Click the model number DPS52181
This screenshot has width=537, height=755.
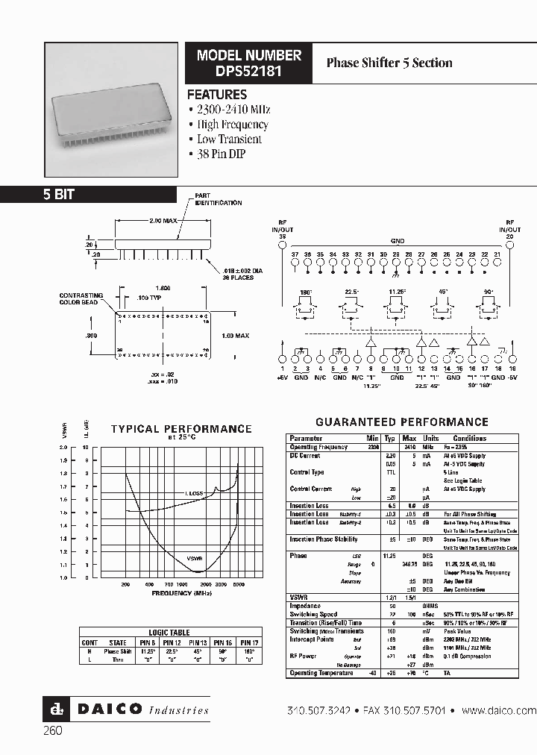click(x=249, y=70)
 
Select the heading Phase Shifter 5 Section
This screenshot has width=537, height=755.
click(x=389, y=63)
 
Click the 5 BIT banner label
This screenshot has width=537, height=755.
click(x=58, y=195)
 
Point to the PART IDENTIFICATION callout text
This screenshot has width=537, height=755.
click(x=218, y=199)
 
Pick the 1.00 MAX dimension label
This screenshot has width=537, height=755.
click(x=235, y=336)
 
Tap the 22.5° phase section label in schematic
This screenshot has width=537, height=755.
click(x=353, y=291)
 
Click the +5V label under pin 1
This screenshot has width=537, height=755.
click(x=282, y=377)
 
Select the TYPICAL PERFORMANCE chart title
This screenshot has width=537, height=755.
click(x=181, y=429)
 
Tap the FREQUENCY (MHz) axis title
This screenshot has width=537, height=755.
click(x=182, y=592)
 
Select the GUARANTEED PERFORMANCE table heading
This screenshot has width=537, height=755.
click(x=402, y=422)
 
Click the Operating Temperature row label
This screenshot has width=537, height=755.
click(x=321, y=673)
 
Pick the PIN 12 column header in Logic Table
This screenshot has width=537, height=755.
click(x=172, y=642)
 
